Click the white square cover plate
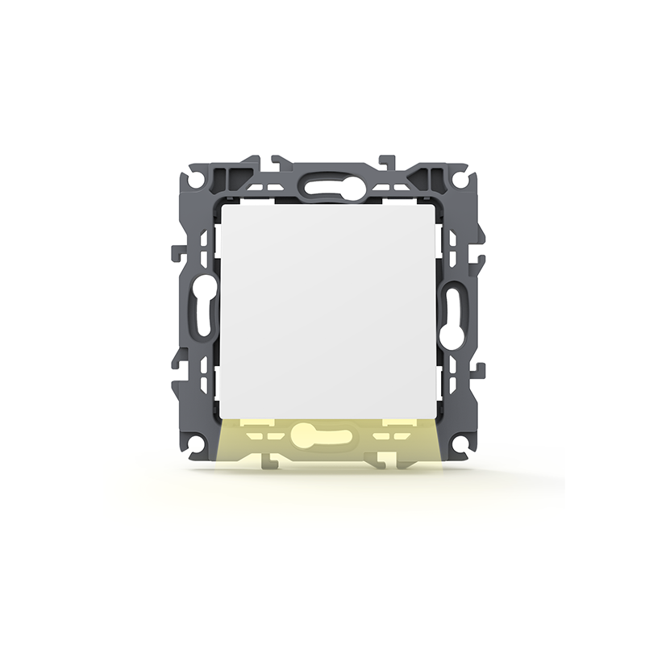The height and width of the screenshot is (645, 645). [x=331, y=310]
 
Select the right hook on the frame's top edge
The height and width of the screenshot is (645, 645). [x=386, y=160]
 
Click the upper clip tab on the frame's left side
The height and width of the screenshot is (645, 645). [x=177, y=253]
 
